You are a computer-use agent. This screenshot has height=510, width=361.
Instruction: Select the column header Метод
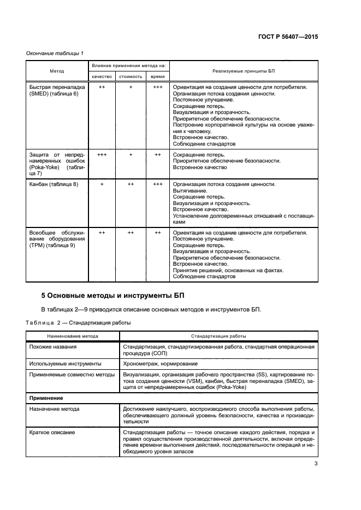(57, 71)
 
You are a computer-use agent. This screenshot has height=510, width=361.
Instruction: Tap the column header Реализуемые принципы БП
(244, 71)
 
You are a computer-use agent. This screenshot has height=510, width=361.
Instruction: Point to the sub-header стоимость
(131, 77)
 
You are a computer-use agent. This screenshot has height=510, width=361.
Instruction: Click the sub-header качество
(102, 77)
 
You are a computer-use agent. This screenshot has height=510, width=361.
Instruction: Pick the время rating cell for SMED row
(157, 87)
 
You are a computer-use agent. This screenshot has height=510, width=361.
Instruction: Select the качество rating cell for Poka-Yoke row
(102, 155)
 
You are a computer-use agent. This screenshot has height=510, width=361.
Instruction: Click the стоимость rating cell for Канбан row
(131, 184)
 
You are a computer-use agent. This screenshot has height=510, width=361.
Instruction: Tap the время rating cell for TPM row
(157, 233)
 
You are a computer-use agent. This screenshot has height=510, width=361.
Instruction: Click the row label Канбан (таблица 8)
(54, 184)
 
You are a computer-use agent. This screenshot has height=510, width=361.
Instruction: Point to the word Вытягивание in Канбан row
(190, 191)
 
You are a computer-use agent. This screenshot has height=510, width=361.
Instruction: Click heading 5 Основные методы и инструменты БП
(113, 296)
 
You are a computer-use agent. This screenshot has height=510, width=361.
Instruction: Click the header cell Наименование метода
(73, 336)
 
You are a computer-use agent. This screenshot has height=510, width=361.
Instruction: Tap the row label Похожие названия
(54, 347)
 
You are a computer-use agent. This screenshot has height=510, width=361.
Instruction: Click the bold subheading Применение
(46, 399)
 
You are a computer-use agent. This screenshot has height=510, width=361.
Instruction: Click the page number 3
(316, 464)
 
